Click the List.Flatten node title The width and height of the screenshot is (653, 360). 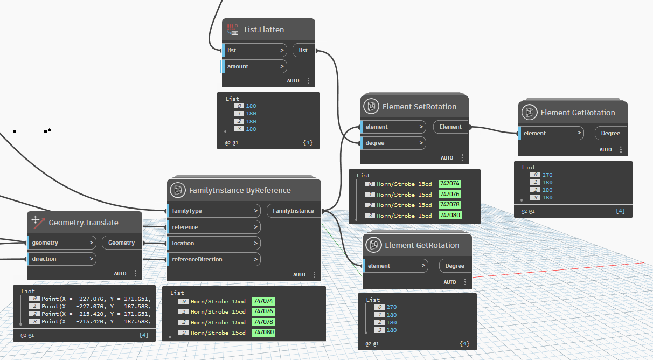tap(264, 30)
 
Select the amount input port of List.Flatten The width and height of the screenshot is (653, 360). tap(254, 66)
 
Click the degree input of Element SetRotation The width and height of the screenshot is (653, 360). tap(393, 143)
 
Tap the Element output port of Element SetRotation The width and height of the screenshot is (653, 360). tap(450, 127)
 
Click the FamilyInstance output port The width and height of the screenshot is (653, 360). tap(293, 211)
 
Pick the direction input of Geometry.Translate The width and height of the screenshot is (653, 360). tap(61, 259)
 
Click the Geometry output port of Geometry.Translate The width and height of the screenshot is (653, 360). tap(121, 243)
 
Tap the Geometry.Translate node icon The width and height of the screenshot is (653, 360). tap(37, 222)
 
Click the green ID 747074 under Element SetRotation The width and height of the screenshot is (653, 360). tap(450, 184)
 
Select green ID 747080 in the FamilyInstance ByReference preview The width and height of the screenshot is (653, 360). tap(263, 333)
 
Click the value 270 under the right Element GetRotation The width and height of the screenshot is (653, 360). tap(547, 175)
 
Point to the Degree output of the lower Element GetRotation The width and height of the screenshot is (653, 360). tap(455, 266)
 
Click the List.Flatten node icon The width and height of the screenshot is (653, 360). tap(233, 30)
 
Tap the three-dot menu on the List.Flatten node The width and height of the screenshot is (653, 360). tap(308, 81)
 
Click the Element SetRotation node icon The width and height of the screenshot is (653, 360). tap(371, 107)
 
